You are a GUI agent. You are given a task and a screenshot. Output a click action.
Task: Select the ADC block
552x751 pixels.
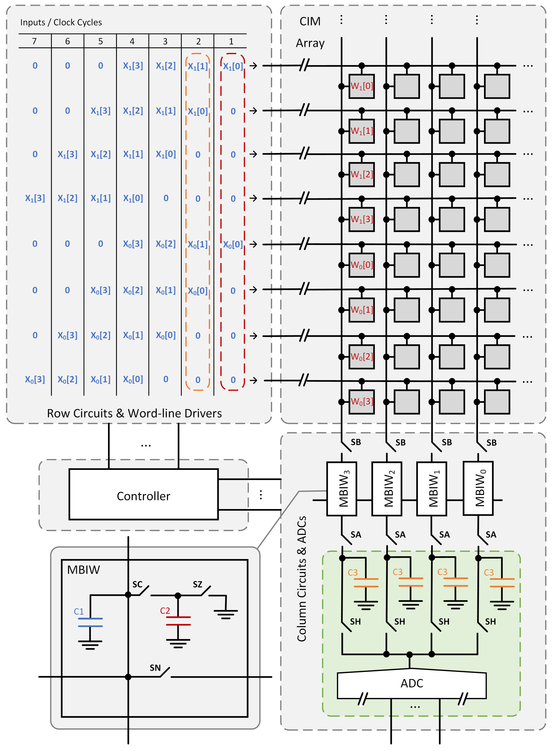pyautogui.click(x=412, y=684)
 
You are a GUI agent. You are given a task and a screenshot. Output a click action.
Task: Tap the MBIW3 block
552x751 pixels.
pyautogui.click(x=341, y=488)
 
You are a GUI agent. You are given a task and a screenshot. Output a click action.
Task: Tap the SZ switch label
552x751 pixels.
pyautogui.click(x=197, y=584)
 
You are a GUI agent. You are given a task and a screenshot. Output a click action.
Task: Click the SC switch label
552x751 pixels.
pyautogui.click(x=137, y=584)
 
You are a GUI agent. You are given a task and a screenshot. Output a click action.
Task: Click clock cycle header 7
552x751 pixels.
pyautogui.click(x=34, y=41)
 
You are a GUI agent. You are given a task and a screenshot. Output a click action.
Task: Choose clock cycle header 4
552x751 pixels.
pyautogui.click(x=132, y=41)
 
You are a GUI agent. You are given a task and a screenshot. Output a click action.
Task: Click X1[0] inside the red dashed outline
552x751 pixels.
pyautogui.click(x=233, y=66)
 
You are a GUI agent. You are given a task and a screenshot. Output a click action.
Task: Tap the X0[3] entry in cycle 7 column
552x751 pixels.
pyautogui.click(x=35, y=379)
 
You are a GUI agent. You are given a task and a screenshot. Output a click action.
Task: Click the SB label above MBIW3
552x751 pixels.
pyautogui.click(x=356, y=442)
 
